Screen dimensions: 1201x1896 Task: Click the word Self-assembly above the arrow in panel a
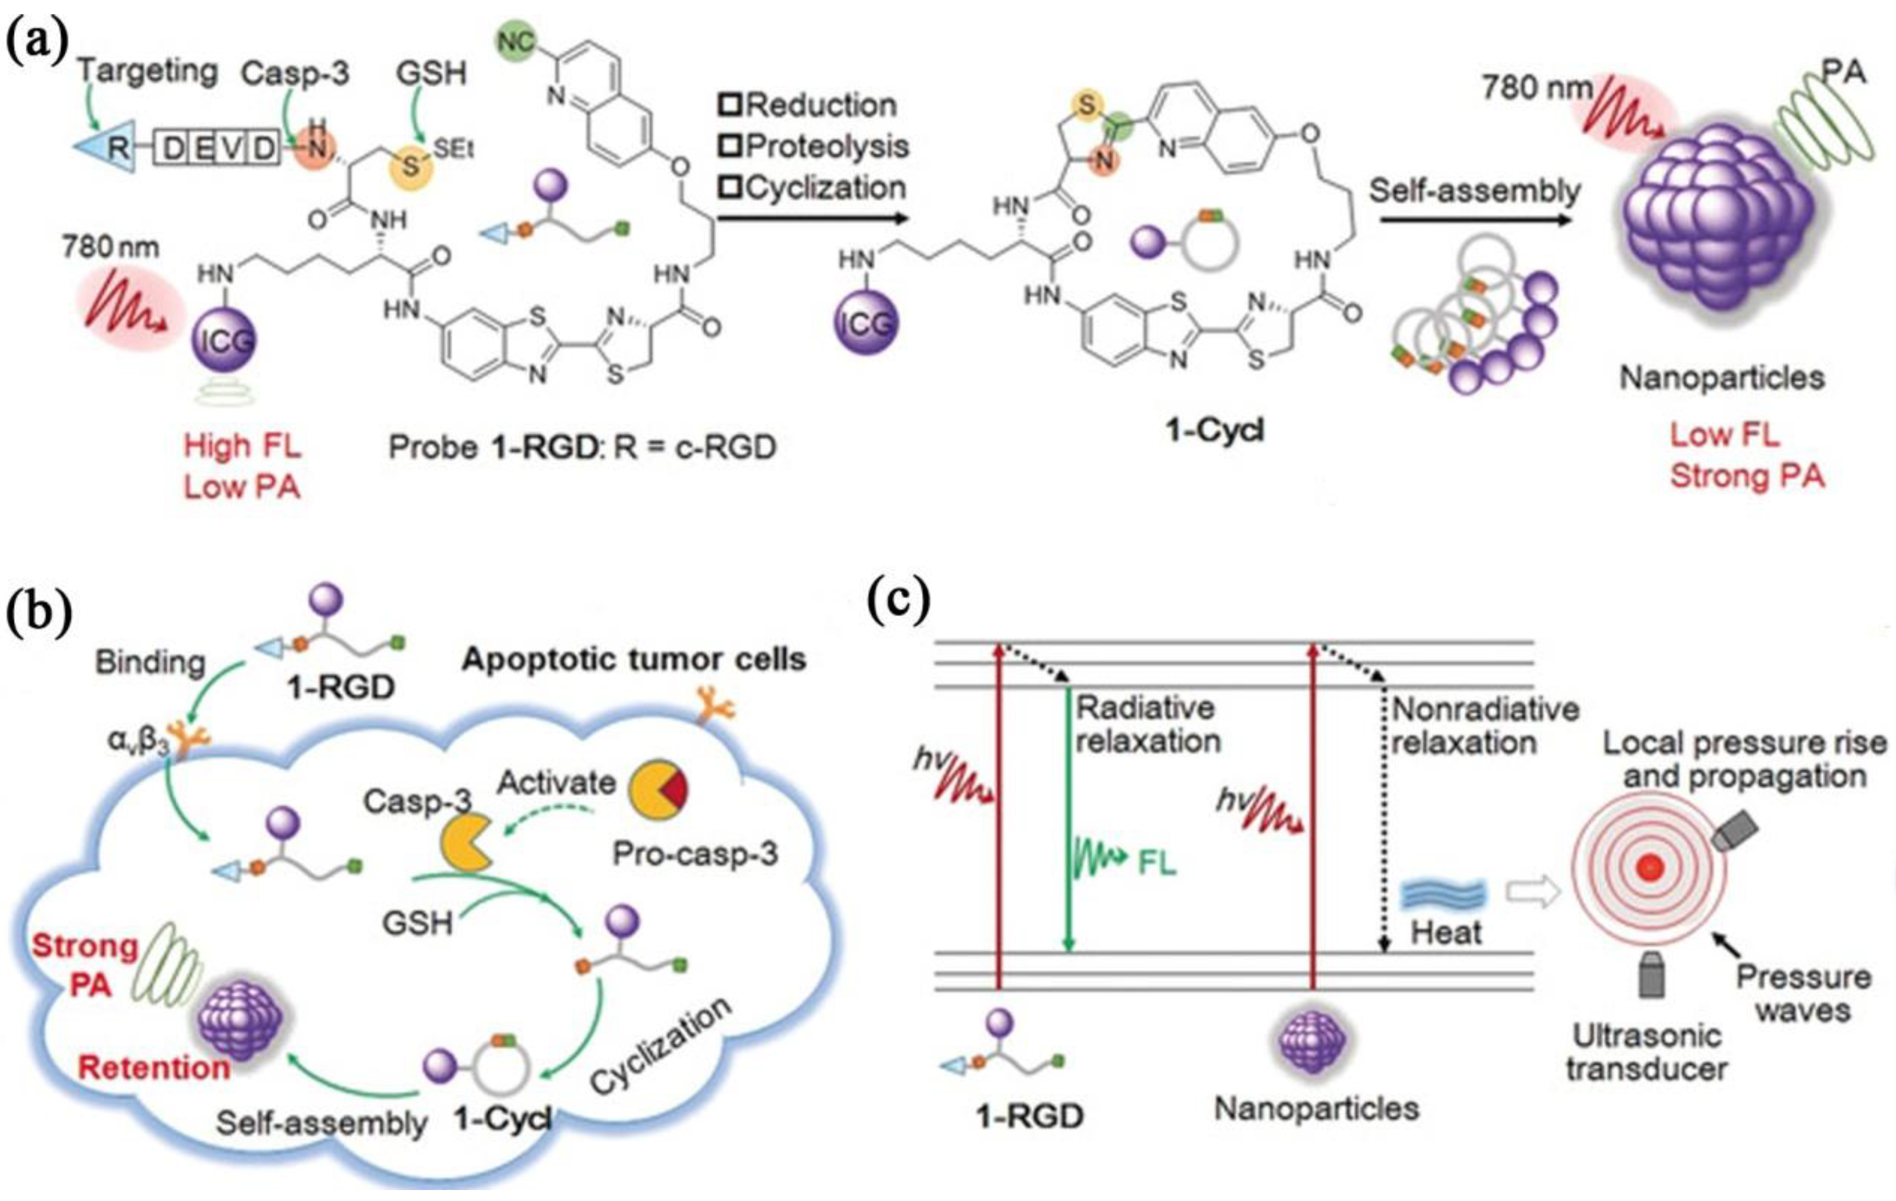click(x=1474, y=191)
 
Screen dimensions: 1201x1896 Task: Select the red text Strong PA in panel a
click(x=1747, y=477)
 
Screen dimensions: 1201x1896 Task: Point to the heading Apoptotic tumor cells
click(x=634, y=659)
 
